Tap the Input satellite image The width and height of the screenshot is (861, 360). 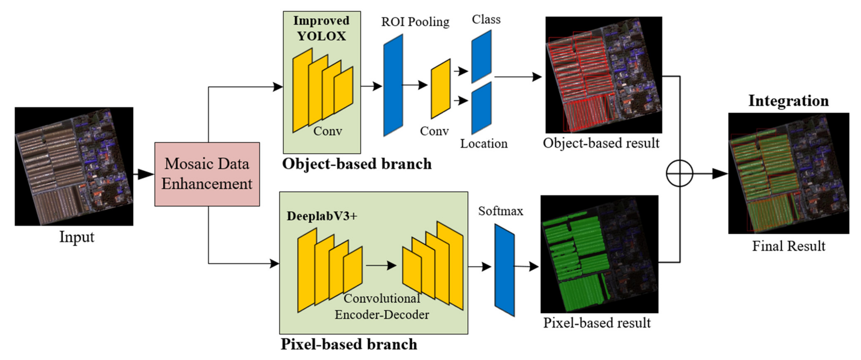pos(74,166)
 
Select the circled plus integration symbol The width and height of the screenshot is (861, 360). pos(680,174)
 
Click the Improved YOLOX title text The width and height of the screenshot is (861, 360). pos(322,28)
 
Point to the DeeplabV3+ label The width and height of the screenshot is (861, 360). pos(322,216)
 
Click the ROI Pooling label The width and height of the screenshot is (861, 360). pos(415,22)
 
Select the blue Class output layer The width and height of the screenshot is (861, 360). pos(481,56)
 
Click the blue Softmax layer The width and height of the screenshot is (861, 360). pos(504,270)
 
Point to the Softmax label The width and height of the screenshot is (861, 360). pos(500,211)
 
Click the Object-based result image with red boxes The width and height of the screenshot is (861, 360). pos(604,75)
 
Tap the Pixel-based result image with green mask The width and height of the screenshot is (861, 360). pos(599,254)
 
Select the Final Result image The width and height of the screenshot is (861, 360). pos(788,173)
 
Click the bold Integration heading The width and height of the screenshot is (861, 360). pos(788,101)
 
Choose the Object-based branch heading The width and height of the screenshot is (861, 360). pos(357,164)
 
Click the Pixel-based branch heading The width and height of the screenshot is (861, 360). pos(349,344)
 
